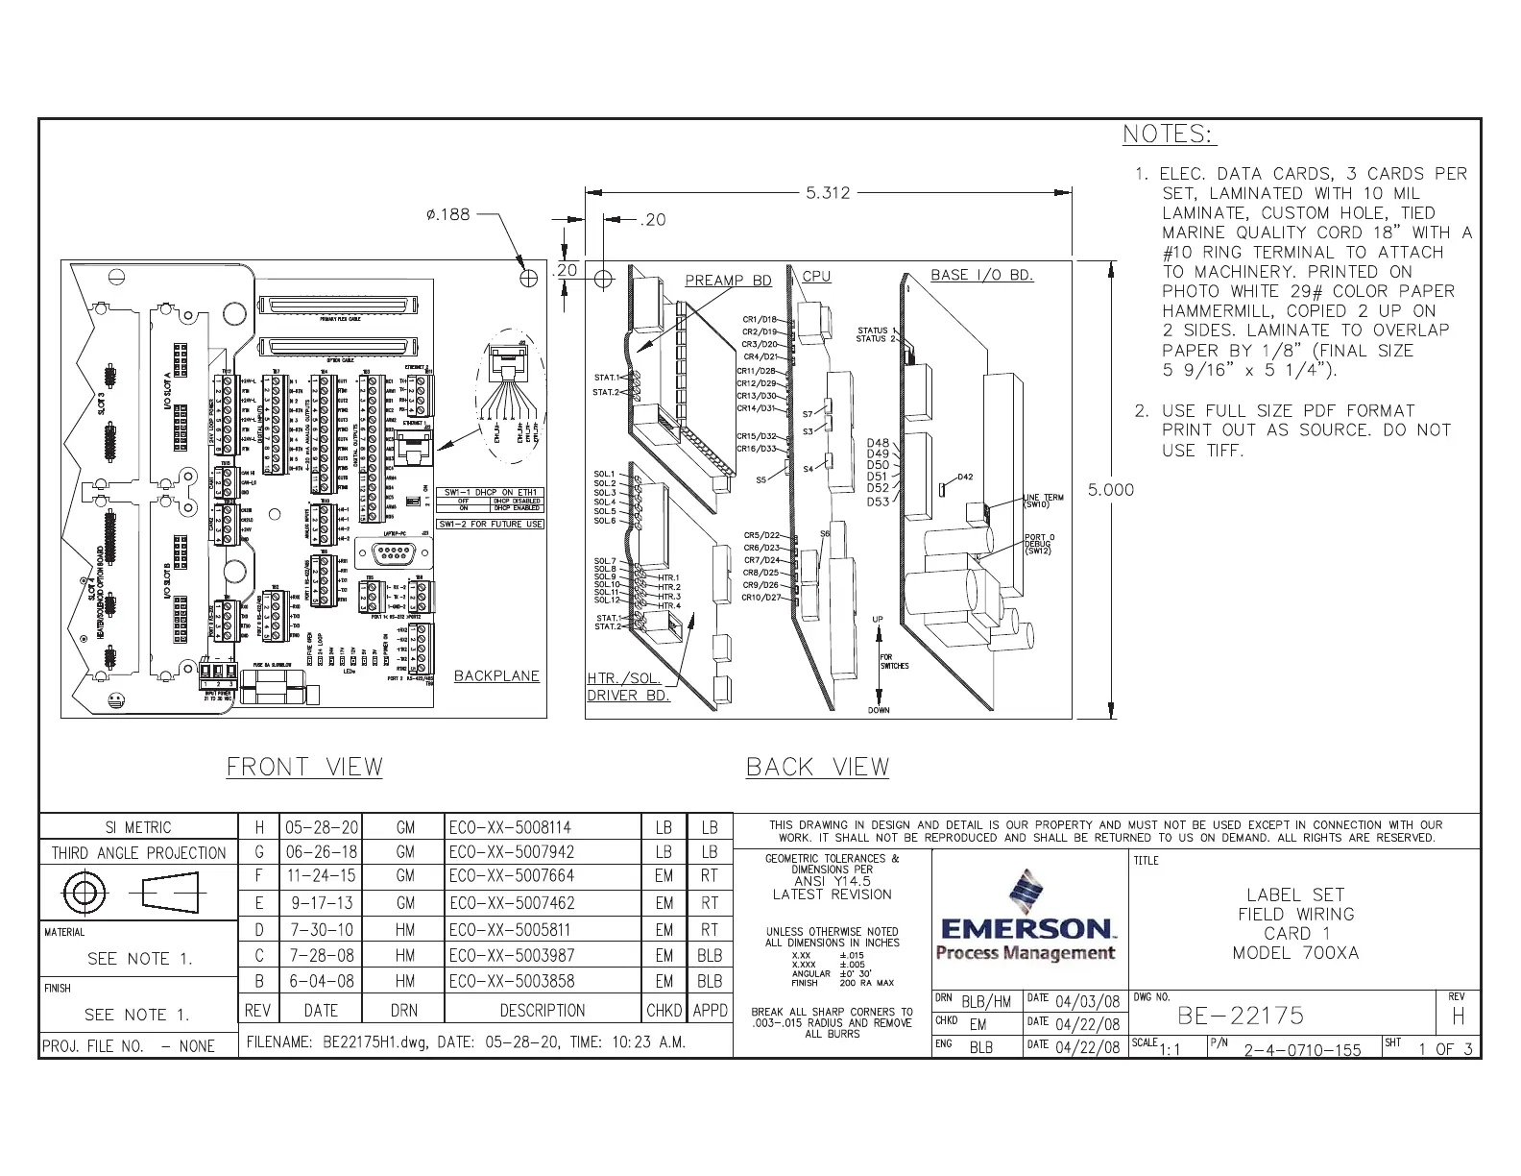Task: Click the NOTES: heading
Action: click(x=1169, y=135)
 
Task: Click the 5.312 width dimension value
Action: click(x=827, y=192)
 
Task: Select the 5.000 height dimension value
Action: click(x=1110, y=490)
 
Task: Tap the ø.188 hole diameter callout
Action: click(x=447, y=214)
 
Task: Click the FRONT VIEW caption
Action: click(x=304, y=767)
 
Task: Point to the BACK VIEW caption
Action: click(x=817, y=767)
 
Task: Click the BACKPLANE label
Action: click(x=496, y=675)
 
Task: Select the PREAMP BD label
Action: click(x=728, y=281)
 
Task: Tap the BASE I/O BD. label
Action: click(x=981, y=275)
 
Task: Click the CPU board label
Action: click(x=816, y=276)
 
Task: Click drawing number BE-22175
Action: click(x=1241, y=1016)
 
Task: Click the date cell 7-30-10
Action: click(x=320, y=930)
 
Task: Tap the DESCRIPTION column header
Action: click(x=542, y=1011)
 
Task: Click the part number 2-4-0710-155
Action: click(x=1302, y=1049)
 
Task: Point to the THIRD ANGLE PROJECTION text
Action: click(x=138, y=853)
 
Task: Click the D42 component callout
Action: click(x=965, y=478)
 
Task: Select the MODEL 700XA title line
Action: click(x=1295, y=953)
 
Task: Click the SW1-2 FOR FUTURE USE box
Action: click(x=491, y=524)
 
